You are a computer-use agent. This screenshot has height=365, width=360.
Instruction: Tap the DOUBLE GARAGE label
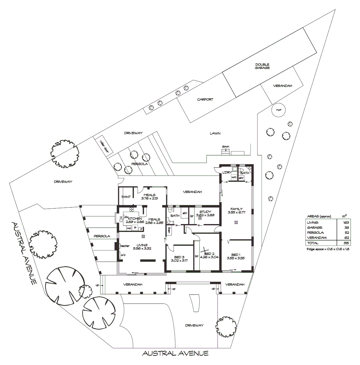[x=262, y=66]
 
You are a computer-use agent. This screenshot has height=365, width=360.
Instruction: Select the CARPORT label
[x=205, y=99]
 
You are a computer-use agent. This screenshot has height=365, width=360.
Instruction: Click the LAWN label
[x=215, y=133]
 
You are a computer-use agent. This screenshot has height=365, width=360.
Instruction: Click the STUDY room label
[x=205, y=212]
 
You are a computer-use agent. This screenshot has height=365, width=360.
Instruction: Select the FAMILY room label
[x=237, y=209]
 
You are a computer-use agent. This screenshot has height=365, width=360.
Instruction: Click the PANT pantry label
[x=126, y=197]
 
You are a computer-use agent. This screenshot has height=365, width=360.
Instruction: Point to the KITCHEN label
[x=134, y=219]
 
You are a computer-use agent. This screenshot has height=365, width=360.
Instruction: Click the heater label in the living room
[x=125, y=246]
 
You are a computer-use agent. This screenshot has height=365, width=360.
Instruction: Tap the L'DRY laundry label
[x=226, y=173]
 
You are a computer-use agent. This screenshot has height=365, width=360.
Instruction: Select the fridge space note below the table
[x=328, y=249]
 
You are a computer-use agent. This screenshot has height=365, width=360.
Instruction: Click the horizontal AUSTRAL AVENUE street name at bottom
[x=175, y=354]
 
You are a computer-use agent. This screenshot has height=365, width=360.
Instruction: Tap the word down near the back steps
[x=226, y=147]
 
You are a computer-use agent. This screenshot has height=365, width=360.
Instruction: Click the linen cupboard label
[x=169, y=230]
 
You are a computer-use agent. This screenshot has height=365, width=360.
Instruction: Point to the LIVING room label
[x=142, y=245]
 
